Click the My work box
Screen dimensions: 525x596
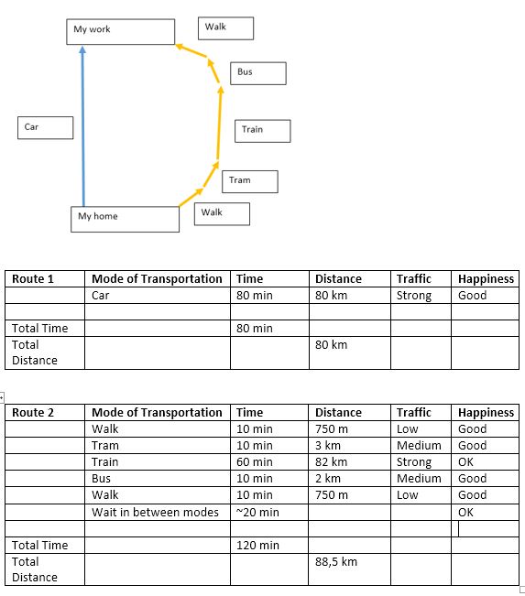[x=121, y=32]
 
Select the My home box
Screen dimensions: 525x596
[x=125, y=220]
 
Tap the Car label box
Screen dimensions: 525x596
[x=45, y=128]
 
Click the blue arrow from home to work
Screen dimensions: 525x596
[x=83, y=126]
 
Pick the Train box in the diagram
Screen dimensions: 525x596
[x=262, y=131]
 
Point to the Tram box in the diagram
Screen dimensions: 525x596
[x=250, y=181]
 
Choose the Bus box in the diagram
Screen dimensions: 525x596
[x=258, y=73]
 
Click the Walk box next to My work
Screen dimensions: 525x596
[x=225, y=28]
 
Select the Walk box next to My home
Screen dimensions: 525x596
[x=222, y=214]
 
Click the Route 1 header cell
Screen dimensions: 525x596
[x=45, y=278]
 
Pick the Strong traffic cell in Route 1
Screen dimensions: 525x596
[x=421, y=296]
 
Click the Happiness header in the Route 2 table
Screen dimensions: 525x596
[x=485, y=412]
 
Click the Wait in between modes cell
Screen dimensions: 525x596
[x=157, y=512]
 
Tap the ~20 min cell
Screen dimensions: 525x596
[x=269, y=512]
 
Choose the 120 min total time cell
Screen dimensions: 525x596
[x=269, y=545]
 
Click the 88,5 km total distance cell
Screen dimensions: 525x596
[x=349, y=569]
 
